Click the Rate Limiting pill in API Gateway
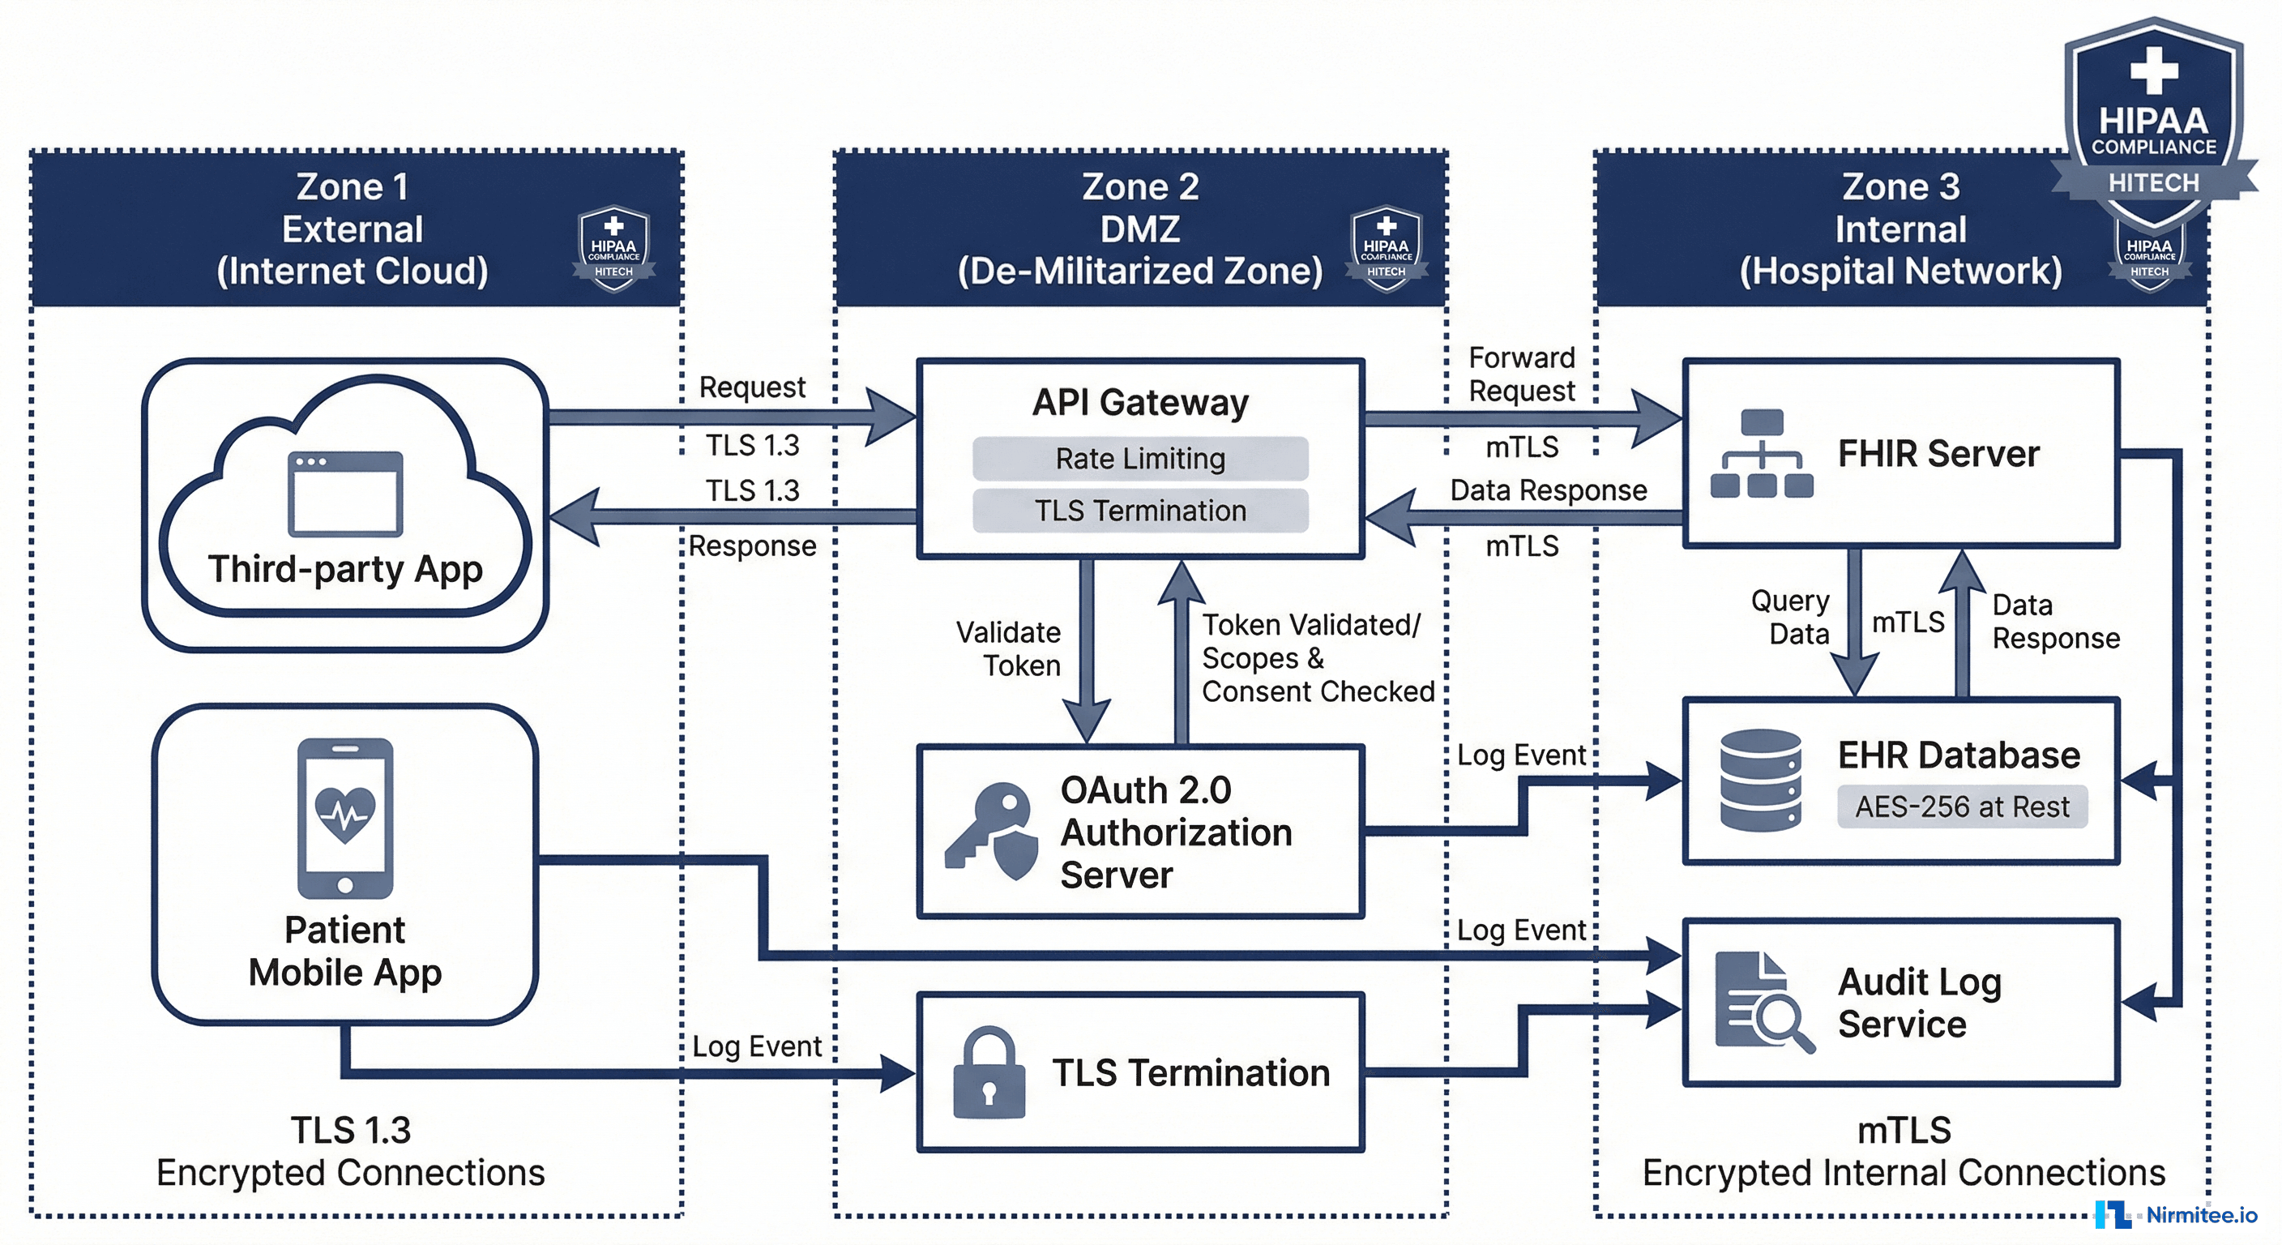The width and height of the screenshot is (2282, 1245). click(x=1139, y=458)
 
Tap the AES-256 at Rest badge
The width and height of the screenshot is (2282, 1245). click(x=1961, y=806)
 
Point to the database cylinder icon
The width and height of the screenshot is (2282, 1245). click(x=1759, y=780)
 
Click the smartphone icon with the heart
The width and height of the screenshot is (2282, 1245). click(x=344, y=817)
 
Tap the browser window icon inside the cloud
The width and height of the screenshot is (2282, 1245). click(x=345, y=494)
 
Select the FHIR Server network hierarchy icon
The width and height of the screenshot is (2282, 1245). click(x=1761, y=453)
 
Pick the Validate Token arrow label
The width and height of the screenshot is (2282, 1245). click(x=1010, y=648)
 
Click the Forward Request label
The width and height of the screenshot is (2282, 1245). click(x=1521, y=374)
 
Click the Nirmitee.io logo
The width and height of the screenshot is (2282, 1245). click(x=2176, y=1214)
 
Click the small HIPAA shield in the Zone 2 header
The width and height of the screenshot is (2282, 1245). click(x=1386, y=248)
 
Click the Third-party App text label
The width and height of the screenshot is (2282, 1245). click(x=344, y=569)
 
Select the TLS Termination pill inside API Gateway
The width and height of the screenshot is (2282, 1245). click(x=1139, y=511)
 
